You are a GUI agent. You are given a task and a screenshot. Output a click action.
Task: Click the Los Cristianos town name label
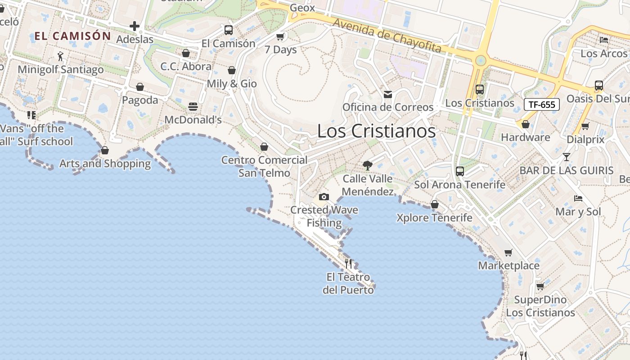point(376,131)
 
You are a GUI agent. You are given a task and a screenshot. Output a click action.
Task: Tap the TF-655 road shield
point(541,105)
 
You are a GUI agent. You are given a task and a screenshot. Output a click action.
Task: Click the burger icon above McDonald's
point(193,107)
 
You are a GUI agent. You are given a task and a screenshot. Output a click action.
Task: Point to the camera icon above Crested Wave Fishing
point(324,197)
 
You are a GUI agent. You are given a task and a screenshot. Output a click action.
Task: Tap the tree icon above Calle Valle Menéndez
point(368,165)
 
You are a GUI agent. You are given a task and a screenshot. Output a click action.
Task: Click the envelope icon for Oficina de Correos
point(387,94)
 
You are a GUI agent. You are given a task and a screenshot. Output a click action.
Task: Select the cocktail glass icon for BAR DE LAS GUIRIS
point(566,157)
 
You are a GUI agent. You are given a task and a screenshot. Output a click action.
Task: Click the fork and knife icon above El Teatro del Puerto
point(348,263)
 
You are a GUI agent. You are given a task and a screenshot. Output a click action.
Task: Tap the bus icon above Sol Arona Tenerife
point(459,171)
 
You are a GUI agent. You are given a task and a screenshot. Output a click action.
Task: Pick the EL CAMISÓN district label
point(72,36)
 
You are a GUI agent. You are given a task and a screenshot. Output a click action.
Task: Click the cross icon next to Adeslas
point(135,26)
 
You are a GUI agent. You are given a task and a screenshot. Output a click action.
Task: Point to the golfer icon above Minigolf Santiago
point(61,56)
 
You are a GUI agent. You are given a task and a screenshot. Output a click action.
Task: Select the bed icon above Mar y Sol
point(578,198)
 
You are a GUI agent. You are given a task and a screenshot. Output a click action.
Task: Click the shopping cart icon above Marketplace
point(508,252)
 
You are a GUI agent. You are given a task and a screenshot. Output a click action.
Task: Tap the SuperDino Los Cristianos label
point(540,306)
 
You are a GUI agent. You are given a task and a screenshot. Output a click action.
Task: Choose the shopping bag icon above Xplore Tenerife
point(435,204)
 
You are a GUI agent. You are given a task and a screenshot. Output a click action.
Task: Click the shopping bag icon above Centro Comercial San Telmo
point(264,147)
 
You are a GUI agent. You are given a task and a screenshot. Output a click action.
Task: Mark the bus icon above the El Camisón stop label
point(229,30)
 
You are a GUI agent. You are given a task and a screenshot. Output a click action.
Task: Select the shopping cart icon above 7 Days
point(280,36)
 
